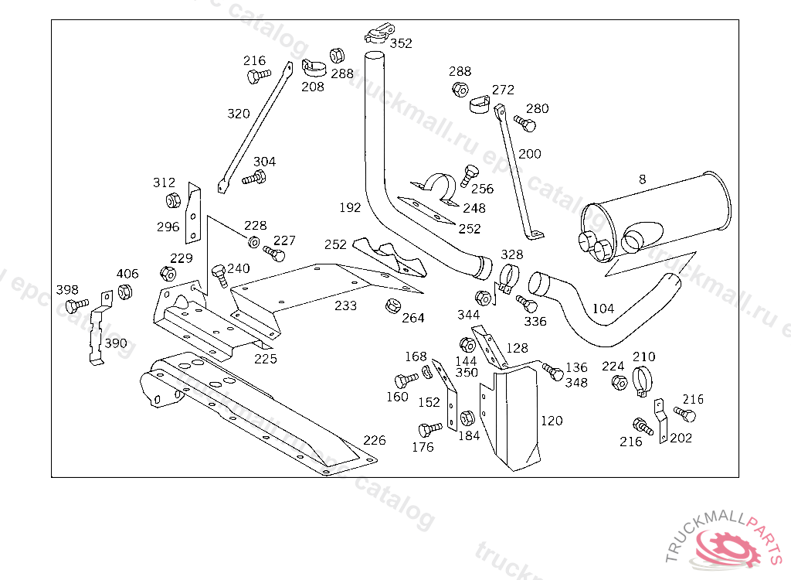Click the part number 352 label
(401, 43)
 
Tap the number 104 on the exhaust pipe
(603, 309)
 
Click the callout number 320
(239, 114)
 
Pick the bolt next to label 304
(254, 179)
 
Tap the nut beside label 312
(174, 201)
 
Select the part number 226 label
(374, 441)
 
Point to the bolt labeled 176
(429, 429)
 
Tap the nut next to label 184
(467, 419)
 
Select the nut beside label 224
(618, 382)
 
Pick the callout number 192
(350, 207)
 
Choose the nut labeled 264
(392, 305)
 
